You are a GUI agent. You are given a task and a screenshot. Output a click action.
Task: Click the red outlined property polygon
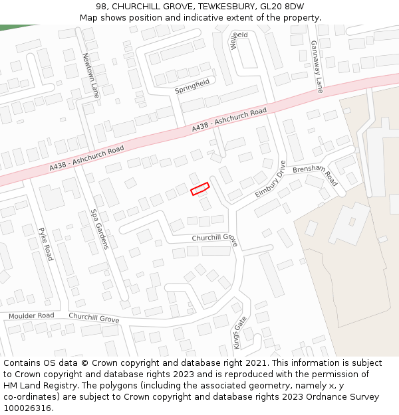tap(200, 189)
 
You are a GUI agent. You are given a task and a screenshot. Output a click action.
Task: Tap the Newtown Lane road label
tap(90, 76)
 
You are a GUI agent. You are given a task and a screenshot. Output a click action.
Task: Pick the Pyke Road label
tap(45, 244)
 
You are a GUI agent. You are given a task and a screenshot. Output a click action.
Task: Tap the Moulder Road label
tap(31, 315)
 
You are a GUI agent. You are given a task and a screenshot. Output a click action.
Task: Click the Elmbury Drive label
tap(270, 179)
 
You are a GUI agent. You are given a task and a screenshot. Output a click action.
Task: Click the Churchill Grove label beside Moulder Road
tap(94, 318)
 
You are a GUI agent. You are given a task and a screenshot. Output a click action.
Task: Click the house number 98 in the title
tap(110, 7)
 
